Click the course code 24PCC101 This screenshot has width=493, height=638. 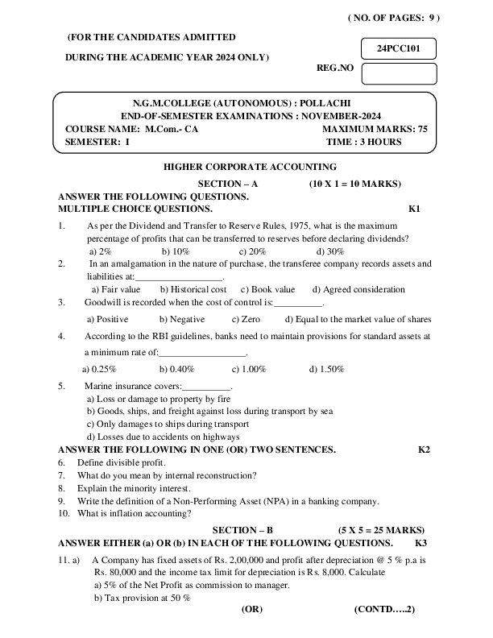pos(399,48)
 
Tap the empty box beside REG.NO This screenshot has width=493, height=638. pos(399,73)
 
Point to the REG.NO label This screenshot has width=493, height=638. pos(336,68)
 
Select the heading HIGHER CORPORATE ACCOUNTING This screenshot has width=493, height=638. pos(250,167)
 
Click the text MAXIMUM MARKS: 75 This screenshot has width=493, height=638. pos(375,129)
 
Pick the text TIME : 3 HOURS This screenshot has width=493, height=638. pos(364,142)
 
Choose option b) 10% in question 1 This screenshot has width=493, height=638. pos(175,251)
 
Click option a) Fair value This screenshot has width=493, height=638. pos(116,289)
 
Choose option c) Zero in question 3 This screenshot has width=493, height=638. pos(245,319)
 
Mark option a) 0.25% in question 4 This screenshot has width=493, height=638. pos(99,369)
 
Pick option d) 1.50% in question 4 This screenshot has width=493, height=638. pos(327,369)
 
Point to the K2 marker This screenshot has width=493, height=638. pos(424,449)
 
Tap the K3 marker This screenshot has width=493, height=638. pos(420,542)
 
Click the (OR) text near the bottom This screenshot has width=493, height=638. pos(252,610)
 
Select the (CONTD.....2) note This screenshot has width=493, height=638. pos(383,610)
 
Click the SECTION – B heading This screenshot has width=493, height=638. pos(242,529)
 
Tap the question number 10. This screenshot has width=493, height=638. pos(64,513)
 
